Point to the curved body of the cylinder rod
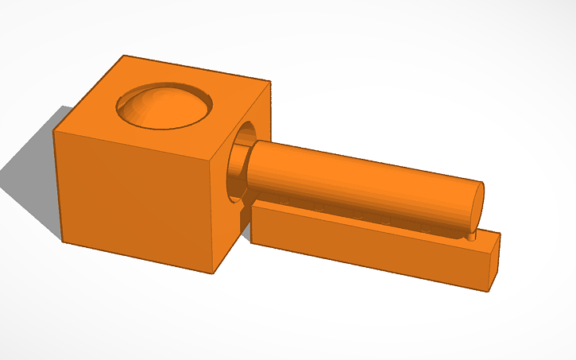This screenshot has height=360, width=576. [358, 179]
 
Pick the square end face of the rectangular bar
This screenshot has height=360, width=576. [493, 261]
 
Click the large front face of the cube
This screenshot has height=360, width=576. [135, 199]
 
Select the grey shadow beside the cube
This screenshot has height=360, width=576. [32, 175]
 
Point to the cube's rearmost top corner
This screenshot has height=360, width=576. [123, 56]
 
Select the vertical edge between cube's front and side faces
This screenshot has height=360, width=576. [215, 215]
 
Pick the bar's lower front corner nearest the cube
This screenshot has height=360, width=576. [253, 241]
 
